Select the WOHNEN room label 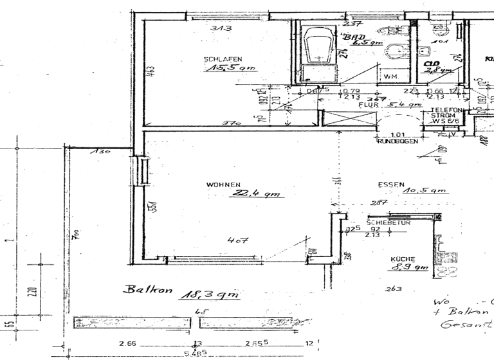tap(223, 185)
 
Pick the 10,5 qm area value tap(425, 191)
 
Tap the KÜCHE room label tap(402, 259)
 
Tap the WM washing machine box tap(390, 76)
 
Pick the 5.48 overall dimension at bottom tap(196, 354)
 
